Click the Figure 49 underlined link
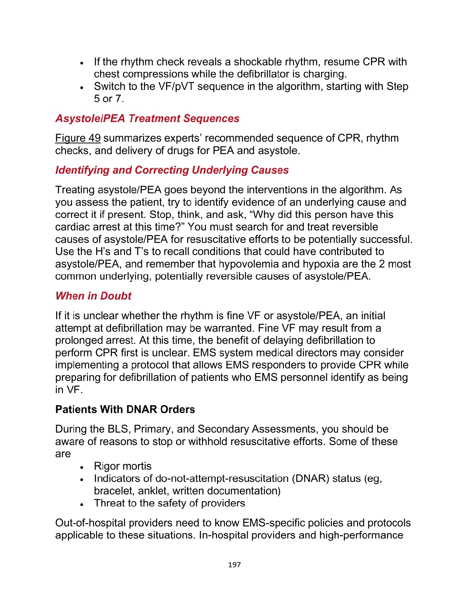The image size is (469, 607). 78,138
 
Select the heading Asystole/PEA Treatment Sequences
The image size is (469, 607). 147,118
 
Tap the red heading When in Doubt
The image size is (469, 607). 93,296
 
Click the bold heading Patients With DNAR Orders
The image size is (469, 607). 125,409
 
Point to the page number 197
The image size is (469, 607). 234,565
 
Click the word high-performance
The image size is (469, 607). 361,535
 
